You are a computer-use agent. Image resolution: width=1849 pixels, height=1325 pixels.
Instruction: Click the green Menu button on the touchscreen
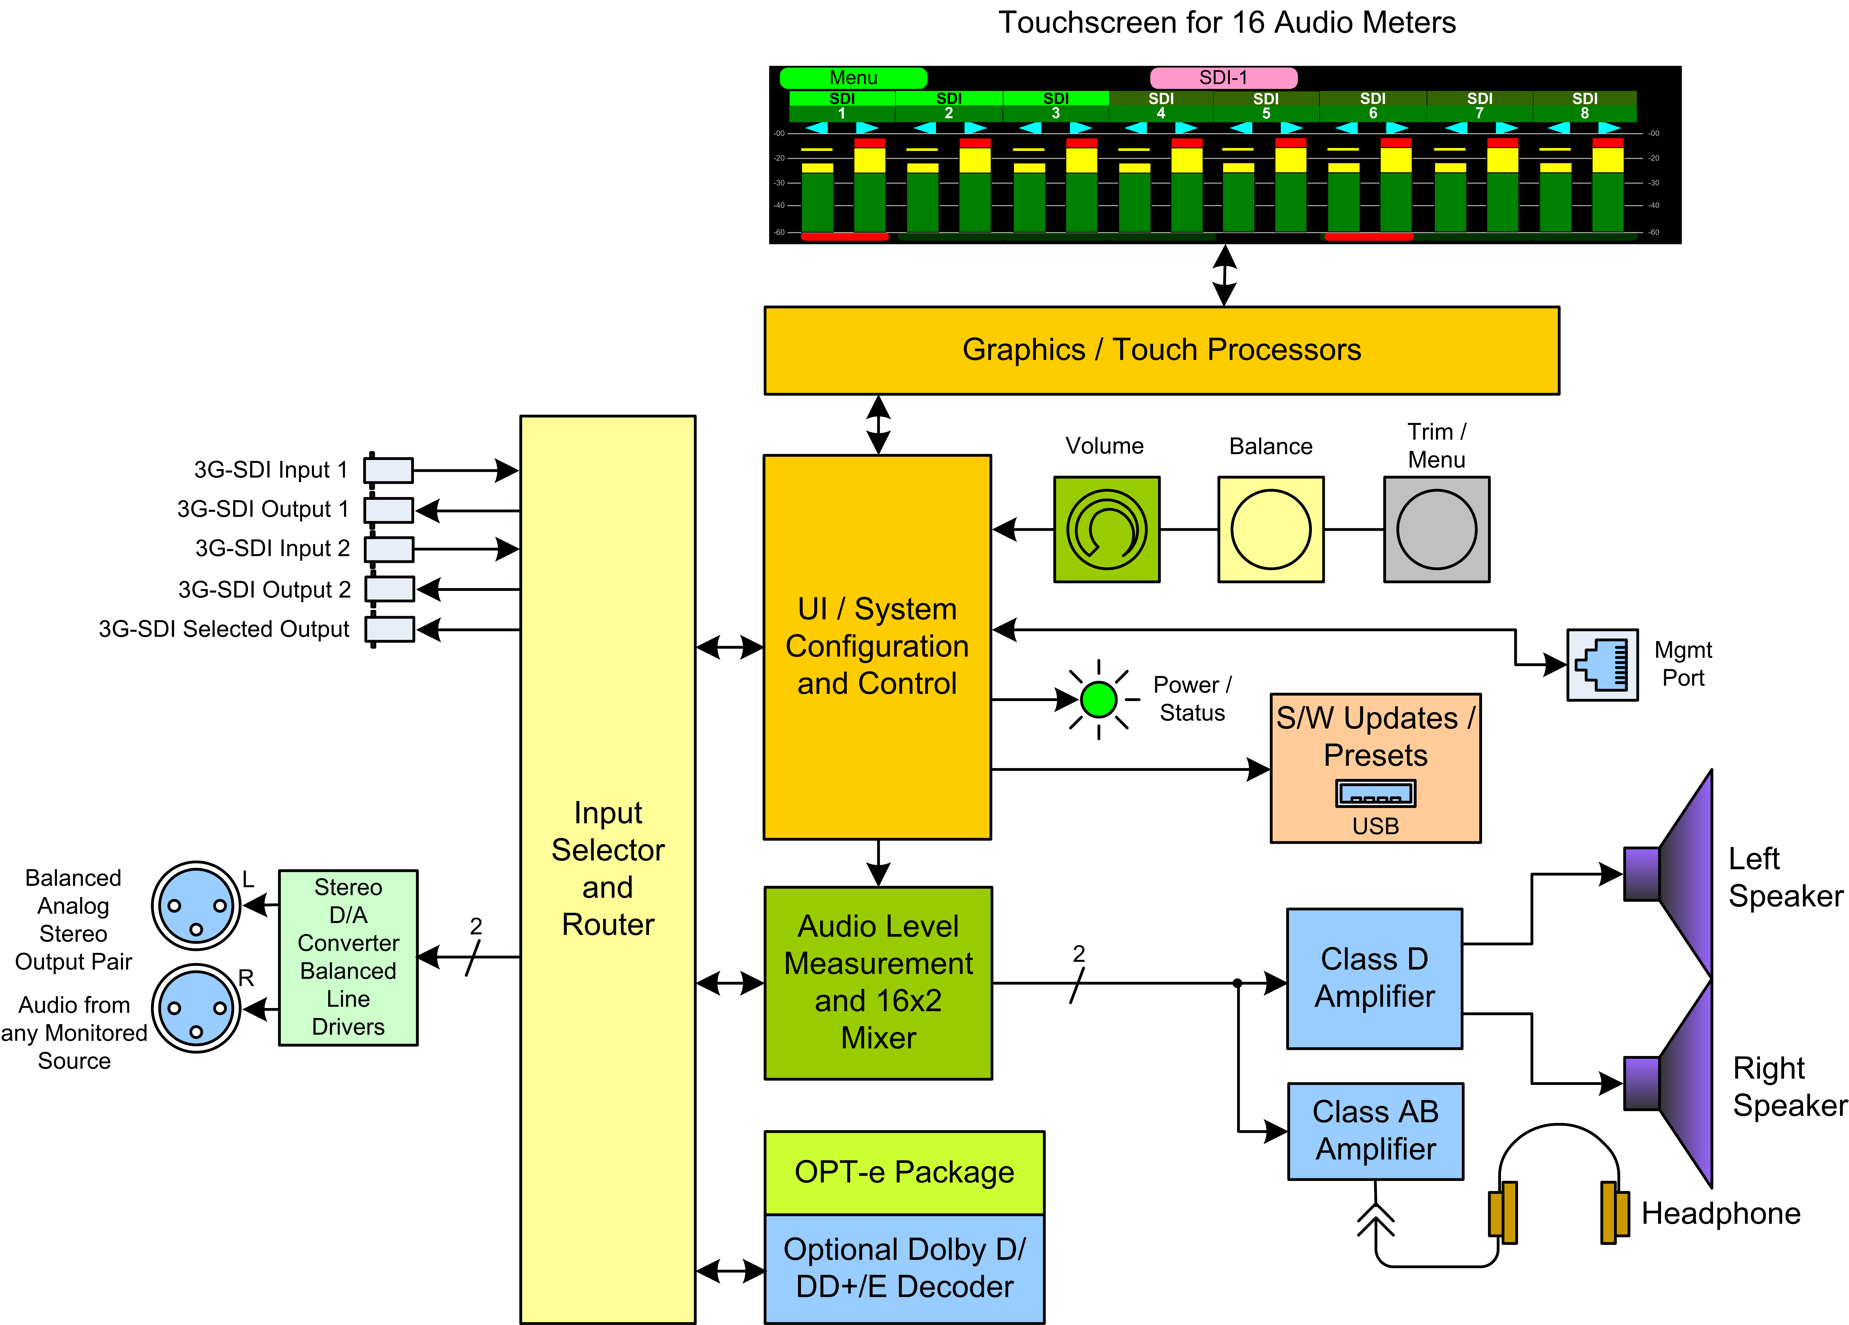(853, 78)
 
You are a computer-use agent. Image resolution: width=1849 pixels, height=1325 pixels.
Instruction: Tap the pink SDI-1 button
(1223, 78)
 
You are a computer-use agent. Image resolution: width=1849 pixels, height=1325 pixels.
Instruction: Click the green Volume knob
(1106, 529)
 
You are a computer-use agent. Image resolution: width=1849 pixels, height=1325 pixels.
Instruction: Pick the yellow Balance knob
(1270, 529)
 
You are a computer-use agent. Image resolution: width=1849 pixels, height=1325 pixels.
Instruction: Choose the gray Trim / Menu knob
(1436, 529)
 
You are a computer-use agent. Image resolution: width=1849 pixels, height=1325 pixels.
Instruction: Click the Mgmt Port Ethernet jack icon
(1602, 664)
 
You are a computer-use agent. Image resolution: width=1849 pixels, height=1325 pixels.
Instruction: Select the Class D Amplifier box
(1375, 978)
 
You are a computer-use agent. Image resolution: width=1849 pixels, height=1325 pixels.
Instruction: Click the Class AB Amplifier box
(1375, 1131)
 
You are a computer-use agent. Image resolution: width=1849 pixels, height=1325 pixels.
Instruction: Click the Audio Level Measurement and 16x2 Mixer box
(878, 983)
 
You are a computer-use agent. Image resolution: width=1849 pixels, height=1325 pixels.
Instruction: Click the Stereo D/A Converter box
(348, 957)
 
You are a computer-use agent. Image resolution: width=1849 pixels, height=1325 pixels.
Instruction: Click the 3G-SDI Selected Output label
(223, 629)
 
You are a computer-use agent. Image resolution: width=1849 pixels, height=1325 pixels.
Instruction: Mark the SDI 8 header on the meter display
(1585, 106)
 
